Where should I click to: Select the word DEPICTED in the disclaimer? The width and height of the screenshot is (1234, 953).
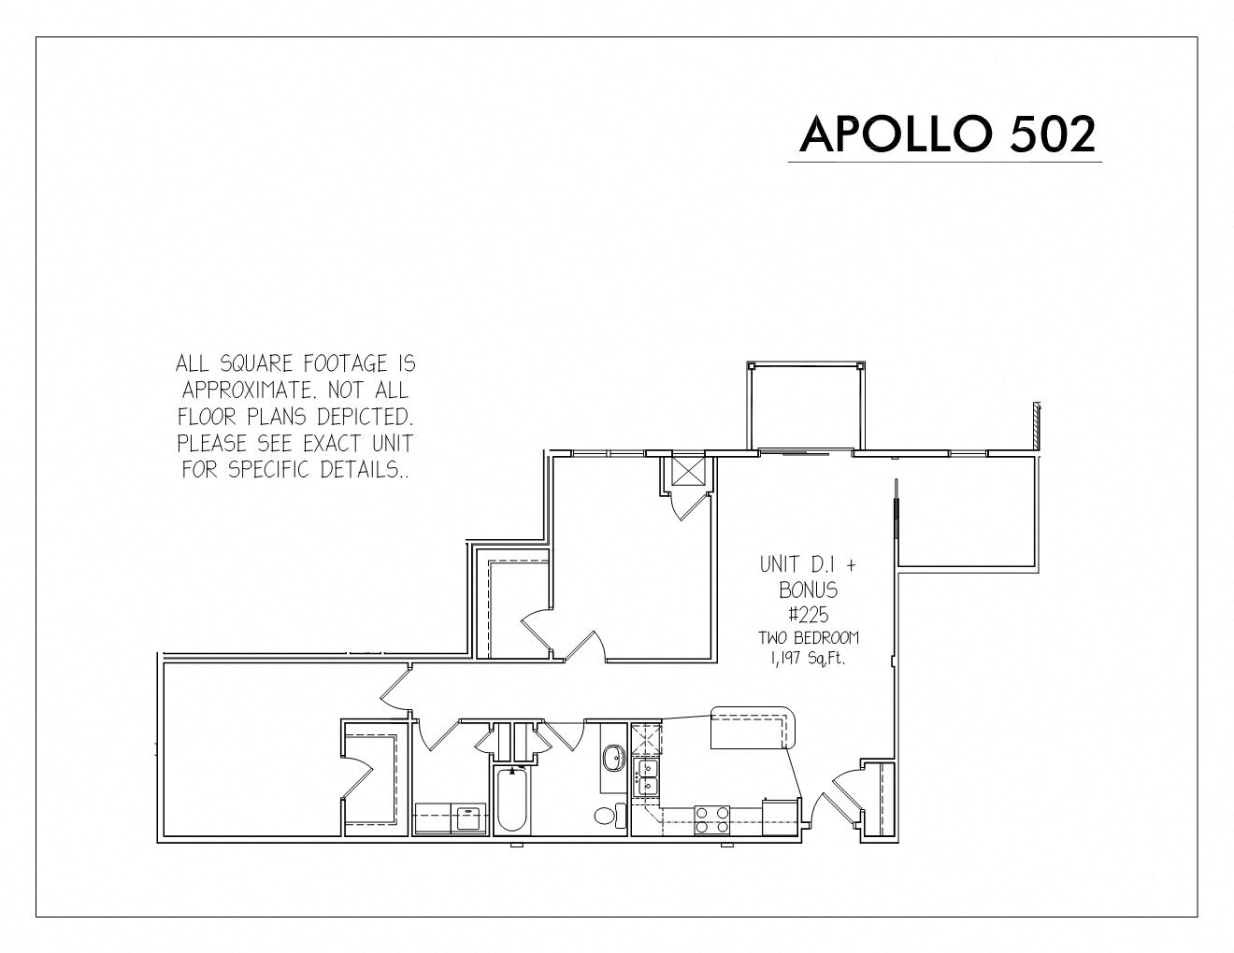(365, 418)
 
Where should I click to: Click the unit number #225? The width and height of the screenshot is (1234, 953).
(809, 615)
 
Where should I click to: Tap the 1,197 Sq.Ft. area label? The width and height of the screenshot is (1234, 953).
(808, 659)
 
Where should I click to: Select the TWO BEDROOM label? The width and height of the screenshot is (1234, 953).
(809, 638)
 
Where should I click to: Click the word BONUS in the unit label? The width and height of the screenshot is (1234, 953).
(808, 590)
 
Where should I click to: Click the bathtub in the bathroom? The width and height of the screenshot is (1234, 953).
(511, 801)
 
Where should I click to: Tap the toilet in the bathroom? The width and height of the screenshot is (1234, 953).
(610, 816)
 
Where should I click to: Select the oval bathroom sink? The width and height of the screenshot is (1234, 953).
(613, 758)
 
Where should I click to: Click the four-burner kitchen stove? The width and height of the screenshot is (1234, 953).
(712, 820)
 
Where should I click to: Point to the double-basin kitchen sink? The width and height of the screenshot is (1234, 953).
(646, 778)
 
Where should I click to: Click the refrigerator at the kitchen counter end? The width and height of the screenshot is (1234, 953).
(781, 817)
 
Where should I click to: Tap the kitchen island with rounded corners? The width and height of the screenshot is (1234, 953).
(753, 728)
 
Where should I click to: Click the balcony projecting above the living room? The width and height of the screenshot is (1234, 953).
(806, 407)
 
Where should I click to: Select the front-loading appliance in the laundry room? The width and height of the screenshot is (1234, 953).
(468, 819)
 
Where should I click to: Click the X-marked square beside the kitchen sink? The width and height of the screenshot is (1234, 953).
(647, 739)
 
